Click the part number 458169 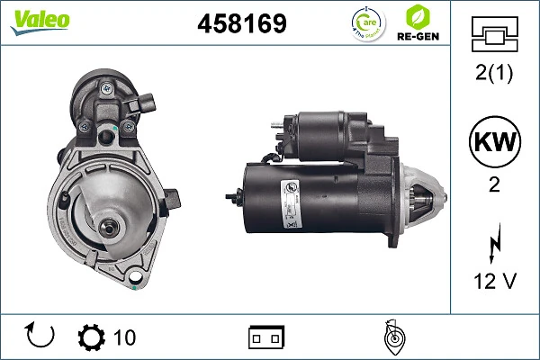tap(241, 24)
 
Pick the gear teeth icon tap(92, 337)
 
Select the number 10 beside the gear tap(125, 337)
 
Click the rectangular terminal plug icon tap(266, 337)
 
